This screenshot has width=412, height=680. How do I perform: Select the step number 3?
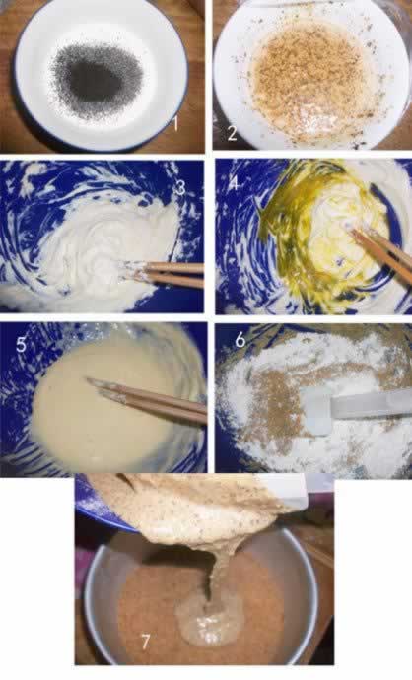tap(178, 188)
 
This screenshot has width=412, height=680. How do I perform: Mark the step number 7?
tap(145, 643)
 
